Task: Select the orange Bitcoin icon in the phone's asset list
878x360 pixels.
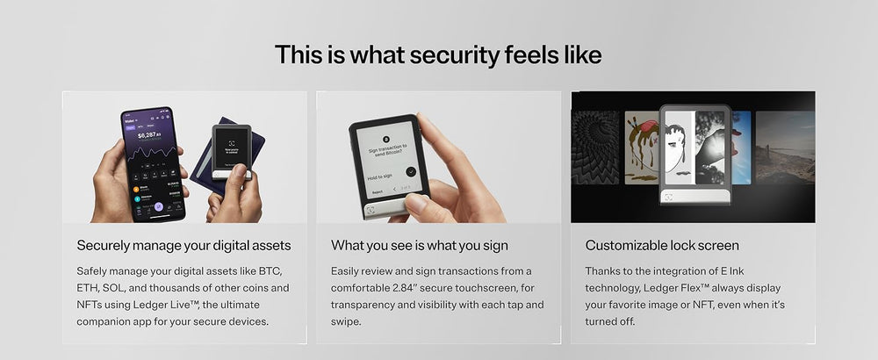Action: click(x=137, y=187)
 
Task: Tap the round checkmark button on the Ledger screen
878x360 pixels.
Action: click(x=411, y=171)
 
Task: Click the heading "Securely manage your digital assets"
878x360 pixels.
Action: click(x=184, y=245)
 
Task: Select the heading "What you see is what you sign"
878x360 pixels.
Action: click(x=420, y=245)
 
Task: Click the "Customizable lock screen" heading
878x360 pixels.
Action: click(x=662, y=245)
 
